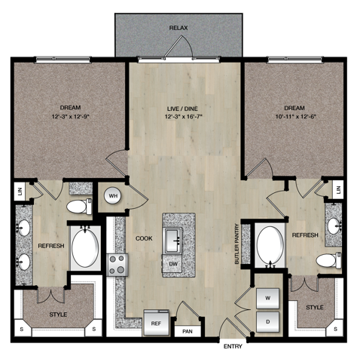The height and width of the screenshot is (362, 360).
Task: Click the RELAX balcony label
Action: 178,28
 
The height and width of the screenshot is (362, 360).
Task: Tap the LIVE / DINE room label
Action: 185,107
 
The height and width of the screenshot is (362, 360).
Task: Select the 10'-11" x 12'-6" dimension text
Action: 293,117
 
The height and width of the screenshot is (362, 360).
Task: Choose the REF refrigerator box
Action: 156,323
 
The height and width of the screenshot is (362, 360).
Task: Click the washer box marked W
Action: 268,297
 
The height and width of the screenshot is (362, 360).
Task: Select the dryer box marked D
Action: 268,322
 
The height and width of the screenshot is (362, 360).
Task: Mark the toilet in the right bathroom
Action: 325,260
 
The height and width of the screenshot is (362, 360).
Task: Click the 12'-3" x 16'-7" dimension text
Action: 185,117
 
